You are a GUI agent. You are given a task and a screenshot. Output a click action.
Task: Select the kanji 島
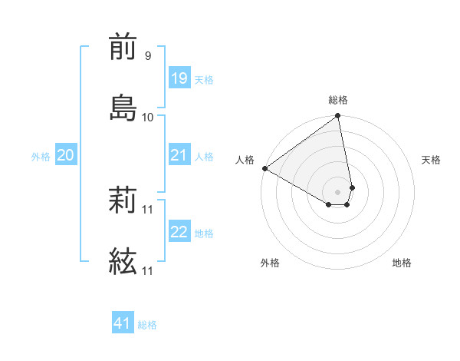pyautogui.click(x=123, y=107)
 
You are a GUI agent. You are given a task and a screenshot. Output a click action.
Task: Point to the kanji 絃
pyautogui.click(x=123, y=261)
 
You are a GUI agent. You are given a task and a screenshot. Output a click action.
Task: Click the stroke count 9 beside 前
pyautogui.click(x=147, y=55)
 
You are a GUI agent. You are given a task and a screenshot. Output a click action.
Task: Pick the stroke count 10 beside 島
pyautogui.click(x=147, y=117)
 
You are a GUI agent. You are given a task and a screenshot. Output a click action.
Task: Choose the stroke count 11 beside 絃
pyautogui.click(x=147, y=270)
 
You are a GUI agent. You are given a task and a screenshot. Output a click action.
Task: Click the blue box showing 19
pyautogui.click(x=179, y=78)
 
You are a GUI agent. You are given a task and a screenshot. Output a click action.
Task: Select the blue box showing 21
pyautogui.click(x=179, y=155)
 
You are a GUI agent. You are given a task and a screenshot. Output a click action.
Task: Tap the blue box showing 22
pyautogui.click(x=179, y=232)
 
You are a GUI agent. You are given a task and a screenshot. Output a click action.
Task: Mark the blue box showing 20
pyautogui.click(x=65, y=155)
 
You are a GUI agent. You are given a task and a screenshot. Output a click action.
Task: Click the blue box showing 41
pyautogui.click(x=123, y=323)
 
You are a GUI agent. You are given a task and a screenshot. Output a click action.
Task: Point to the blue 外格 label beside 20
pyautogui.click(x=41, y=157)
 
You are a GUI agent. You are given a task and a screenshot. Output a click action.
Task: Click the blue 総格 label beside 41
pyautogui.click(x=147, y=325)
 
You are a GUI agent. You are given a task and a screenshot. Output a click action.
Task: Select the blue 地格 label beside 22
pyautogui.click(x=204, y=233)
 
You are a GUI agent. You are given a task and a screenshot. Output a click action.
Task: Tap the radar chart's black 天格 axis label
pyautogui.click(x=431, y=160)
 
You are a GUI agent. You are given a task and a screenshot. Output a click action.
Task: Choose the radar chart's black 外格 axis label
pyautogui.click(x=270, y=263)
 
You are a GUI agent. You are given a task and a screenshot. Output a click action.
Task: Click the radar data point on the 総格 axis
pyautogui.click(x=338, y=117)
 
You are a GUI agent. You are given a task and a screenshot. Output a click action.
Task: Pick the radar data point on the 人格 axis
pyautogui.click(x=264, y=168)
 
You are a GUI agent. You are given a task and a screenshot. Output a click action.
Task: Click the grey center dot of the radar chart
pyautogui.click(x=338, y=190)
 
